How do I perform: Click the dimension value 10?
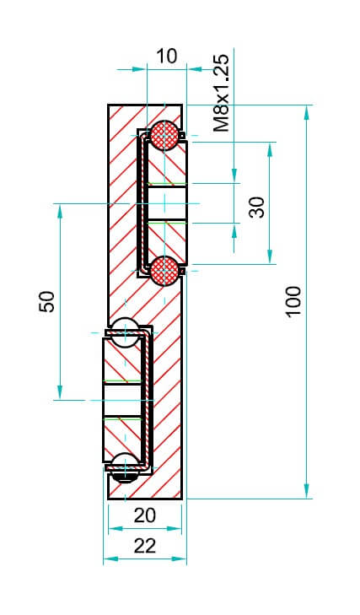[x=167, y=57]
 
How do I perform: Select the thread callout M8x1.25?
[x=221, y=93]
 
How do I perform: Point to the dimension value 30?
[x=257, y=207]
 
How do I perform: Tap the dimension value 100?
[x=293, y=301]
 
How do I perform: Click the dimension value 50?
[x=47, y=301]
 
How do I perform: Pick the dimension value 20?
[x=145, y=515]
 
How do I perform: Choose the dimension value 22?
[x=145, y=546]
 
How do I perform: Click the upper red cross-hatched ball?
[x=164, y=135]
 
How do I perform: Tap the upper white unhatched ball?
[x=125, y=333]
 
